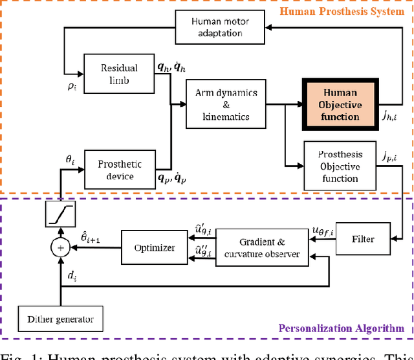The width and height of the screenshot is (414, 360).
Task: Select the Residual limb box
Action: (x=114, y=73)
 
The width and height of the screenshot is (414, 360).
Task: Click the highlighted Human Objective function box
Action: (x=340, y=104)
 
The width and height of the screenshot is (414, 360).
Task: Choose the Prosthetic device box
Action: (x=119, y=170)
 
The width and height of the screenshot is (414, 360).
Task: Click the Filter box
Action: (x=363, y=238)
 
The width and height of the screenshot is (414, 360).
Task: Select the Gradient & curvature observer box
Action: (x=261, y=247)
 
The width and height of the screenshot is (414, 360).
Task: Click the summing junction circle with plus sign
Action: (x=60, y=247)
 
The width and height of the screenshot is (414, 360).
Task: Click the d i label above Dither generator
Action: (x=71, y=277)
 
